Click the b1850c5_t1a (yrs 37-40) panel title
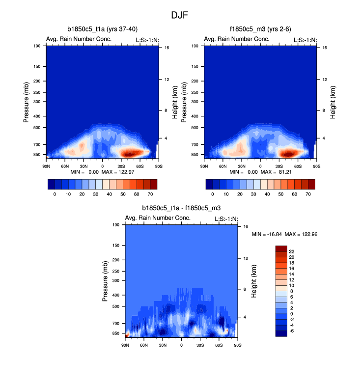[102, 29]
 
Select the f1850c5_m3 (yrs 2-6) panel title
[259, 29]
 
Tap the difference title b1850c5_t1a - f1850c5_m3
[181, 208]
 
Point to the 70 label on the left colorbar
[150, 194]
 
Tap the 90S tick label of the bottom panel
[237, 346]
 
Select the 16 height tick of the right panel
[325, 48]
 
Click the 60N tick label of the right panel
[222, 166]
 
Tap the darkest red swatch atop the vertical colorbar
[281, 248]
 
